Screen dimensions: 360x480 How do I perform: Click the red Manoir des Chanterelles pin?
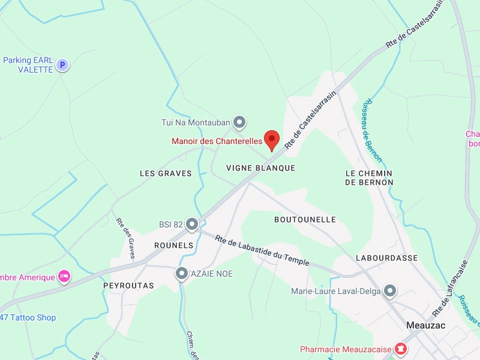click(272, 140)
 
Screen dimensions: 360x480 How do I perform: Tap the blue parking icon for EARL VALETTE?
click(62, 65)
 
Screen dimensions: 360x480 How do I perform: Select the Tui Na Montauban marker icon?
click(239, 123)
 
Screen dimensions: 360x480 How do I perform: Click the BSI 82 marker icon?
click(192, 225)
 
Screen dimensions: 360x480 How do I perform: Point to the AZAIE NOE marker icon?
click(182, 274)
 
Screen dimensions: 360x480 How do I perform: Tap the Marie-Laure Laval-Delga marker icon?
click(391, 292)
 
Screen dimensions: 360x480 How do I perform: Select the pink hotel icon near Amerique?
click(64, 277)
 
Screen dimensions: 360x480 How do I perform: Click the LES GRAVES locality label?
click(166, 173)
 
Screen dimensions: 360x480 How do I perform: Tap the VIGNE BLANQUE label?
click(261, 168)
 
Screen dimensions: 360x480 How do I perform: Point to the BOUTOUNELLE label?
click(305, 220)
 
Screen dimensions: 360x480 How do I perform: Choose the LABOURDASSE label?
click(386, 258)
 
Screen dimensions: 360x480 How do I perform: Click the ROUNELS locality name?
click(174, 245)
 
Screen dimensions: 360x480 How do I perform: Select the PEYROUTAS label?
click(128, 286)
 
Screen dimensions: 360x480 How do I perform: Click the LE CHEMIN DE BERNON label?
click(369, 178)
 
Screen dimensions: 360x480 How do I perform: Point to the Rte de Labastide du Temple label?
click(262, 250)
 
